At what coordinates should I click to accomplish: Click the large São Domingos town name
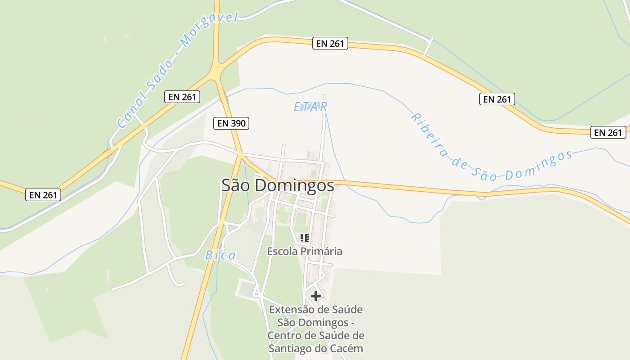point(278,185)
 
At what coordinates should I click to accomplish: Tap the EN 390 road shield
point(231,123)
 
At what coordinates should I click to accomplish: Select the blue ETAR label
point(310,107)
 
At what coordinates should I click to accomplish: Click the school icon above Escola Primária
point(304,238)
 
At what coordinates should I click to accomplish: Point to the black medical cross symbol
point(316,296)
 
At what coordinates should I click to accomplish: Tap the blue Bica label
point(220,256)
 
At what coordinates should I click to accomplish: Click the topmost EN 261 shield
point(330,43)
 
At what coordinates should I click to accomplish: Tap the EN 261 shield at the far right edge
point(608,132)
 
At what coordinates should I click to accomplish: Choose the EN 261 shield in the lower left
point(43,194)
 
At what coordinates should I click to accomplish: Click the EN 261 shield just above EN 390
point(182,96)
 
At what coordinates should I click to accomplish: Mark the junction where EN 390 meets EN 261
point(218,72)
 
